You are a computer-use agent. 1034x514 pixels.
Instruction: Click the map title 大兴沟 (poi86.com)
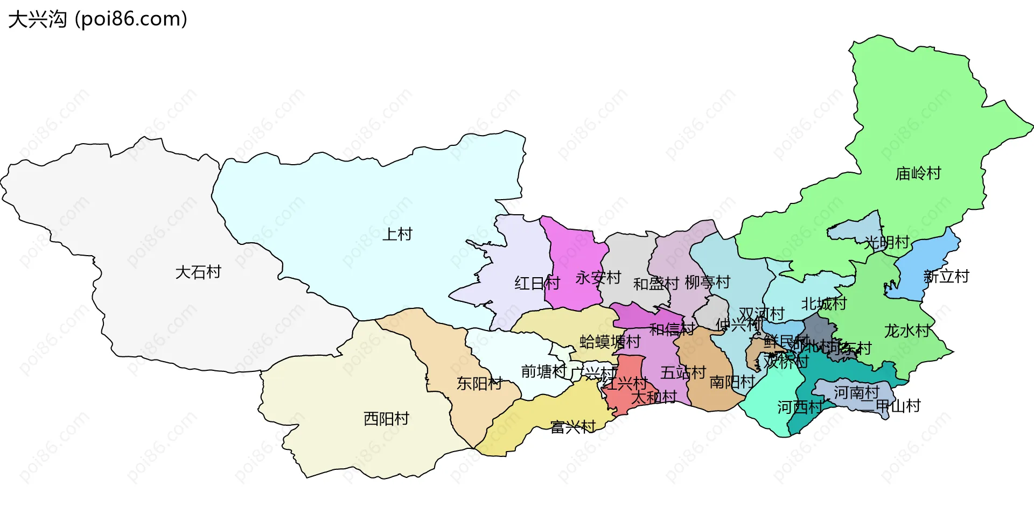coord(97,19)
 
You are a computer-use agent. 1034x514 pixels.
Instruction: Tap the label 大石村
coord(198,272)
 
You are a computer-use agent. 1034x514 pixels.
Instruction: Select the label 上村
coord(397,234)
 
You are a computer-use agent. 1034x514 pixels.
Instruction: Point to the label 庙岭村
coord(918,173)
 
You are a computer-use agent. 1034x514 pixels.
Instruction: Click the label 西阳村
coord(386,418)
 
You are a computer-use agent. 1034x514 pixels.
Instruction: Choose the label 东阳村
coord(479,383)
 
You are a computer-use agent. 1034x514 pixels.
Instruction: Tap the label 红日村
coord(537,283)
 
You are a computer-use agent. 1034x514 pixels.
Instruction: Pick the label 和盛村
coord(655,284)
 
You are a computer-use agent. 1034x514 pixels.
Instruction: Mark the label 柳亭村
coord(707,282)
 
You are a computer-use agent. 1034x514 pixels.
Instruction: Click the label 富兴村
coord(572,427)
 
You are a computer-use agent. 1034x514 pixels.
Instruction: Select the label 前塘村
coord(543,371)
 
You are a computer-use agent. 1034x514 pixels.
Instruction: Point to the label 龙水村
coord(907,330)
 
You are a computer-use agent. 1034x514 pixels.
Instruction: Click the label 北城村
coord(823,304)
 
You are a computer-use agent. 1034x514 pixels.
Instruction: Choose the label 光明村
coord(886,242)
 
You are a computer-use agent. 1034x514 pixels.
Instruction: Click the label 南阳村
coord(732,382)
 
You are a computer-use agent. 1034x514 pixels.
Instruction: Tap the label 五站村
coord(683,372)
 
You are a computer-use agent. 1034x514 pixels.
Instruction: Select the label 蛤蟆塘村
coord(610,342)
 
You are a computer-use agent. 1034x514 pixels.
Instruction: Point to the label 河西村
coord(799,407)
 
